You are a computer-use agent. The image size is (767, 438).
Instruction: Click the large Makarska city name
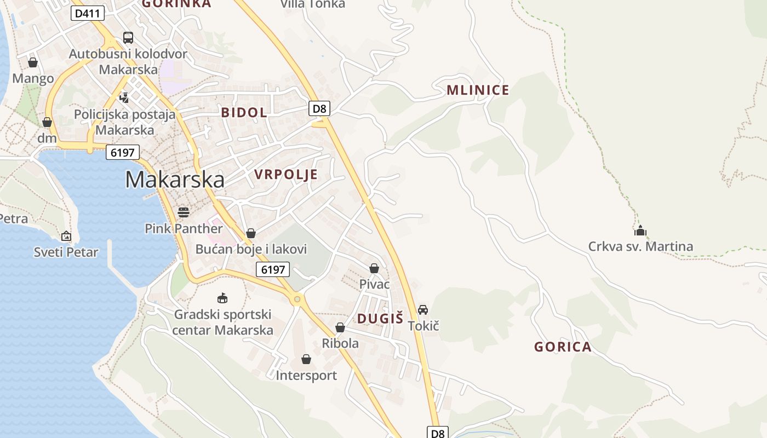[x=175, y=180]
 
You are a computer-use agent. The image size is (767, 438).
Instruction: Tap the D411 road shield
[x=87, y=14]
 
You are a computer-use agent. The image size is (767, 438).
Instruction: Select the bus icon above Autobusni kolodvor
[x=128, y=38]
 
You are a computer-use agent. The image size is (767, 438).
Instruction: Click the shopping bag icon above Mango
[x=33, y=62]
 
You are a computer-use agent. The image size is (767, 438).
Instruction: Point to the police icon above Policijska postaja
[x=124, y=98]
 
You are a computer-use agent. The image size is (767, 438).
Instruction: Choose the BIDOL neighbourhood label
[x=244, y=113]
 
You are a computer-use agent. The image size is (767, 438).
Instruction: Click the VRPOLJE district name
[x=285, y=175]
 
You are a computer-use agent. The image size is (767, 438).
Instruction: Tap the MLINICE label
[x=478, y=90]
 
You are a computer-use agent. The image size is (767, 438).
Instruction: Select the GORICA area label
[x=563, y=347]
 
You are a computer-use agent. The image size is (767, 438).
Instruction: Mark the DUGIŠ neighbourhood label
[x=380, y=319]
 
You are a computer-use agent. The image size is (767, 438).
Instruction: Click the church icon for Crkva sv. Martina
[x=640, y=230]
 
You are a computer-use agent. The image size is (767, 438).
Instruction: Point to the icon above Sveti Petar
[x=66, y=236]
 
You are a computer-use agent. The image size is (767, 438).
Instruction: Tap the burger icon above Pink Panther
[x=184, y=212]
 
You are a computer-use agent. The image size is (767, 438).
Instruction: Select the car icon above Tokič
[x=423, y=310]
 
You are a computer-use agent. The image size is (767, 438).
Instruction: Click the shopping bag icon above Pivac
[x=374, y=268]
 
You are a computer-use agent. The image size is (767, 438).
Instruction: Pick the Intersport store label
[x=306, y=376]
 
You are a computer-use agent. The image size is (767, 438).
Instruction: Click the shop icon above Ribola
[x=340, y=327]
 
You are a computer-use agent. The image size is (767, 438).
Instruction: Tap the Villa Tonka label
[x=313, y=4]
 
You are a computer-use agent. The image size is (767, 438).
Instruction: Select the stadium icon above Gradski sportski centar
[x=222, y=298]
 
